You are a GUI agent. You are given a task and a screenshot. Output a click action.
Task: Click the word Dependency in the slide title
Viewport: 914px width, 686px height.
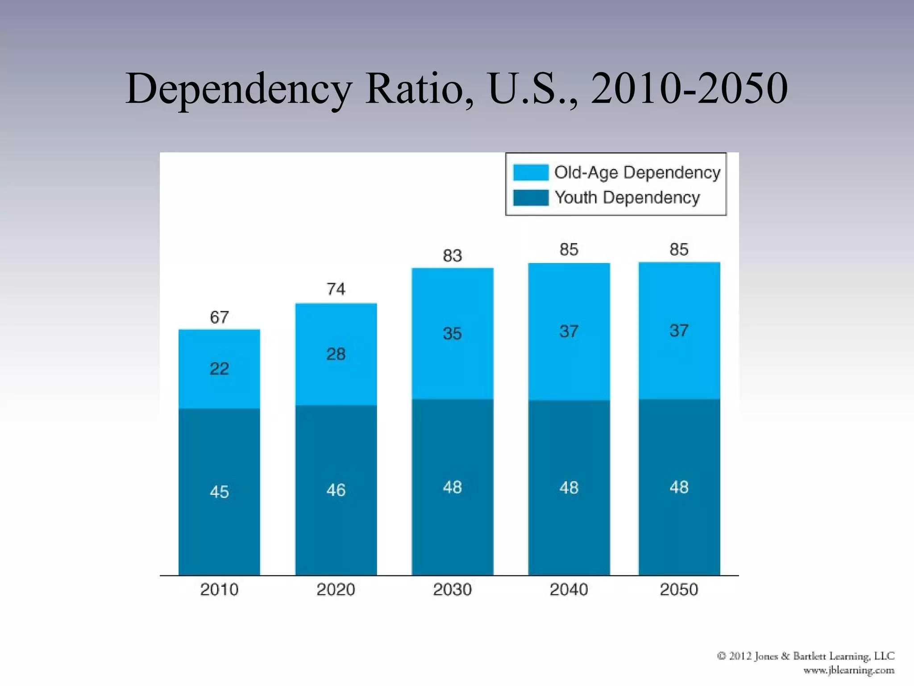(239, 89)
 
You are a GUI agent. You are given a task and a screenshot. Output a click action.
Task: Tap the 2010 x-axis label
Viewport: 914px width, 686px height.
(219, 590)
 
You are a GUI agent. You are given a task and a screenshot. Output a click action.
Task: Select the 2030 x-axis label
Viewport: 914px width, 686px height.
(452, 590)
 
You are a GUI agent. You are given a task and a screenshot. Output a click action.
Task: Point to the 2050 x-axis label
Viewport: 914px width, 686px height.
(679, 590)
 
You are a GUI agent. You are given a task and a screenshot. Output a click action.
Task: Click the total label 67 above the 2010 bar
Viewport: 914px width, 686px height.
(219, 317)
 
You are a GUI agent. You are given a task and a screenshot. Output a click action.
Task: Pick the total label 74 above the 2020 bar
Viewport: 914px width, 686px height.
(336, 289)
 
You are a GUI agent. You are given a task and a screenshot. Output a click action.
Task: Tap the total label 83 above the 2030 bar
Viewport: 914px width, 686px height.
(452, 255)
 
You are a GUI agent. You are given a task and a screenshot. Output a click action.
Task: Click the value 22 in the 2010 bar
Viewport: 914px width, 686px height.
(219, 368)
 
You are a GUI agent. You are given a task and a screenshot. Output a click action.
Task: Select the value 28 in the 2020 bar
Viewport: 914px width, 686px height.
(336, 354)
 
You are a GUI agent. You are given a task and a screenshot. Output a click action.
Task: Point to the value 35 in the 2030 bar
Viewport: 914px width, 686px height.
(452, 333)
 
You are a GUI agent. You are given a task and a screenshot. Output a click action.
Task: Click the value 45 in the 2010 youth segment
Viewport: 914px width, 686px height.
(219, 492)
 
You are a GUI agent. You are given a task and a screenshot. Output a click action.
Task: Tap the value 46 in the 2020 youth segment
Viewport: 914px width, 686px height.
(336, 490)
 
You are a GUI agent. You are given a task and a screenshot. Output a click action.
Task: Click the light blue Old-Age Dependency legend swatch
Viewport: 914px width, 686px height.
(531, 172)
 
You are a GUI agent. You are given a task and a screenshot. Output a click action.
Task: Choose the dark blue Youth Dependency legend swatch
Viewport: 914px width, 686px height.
(531, 197)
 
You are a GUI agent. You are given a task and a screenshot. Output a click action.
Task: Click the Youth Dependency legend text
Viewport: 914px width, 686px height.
(627, 197)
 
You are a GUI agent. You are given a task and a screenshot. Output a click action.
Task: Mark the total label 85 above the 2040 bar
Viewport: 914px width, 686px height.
(569, 249)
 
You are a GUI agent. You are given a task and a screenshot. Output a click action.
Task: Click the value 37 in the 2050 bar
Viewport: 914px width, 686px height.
(679, 330)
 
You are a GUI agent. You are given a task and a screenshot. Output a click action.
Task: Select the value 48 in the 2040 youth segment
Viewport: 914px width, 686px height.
(569, 487)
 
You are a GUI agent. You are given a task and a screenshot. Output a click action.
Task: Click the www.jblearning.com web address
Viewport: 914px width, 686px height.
(849, 670)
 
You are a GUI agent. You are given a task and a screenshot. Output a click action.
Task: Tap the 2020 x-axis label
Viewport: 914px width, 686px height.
(336, 590)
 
